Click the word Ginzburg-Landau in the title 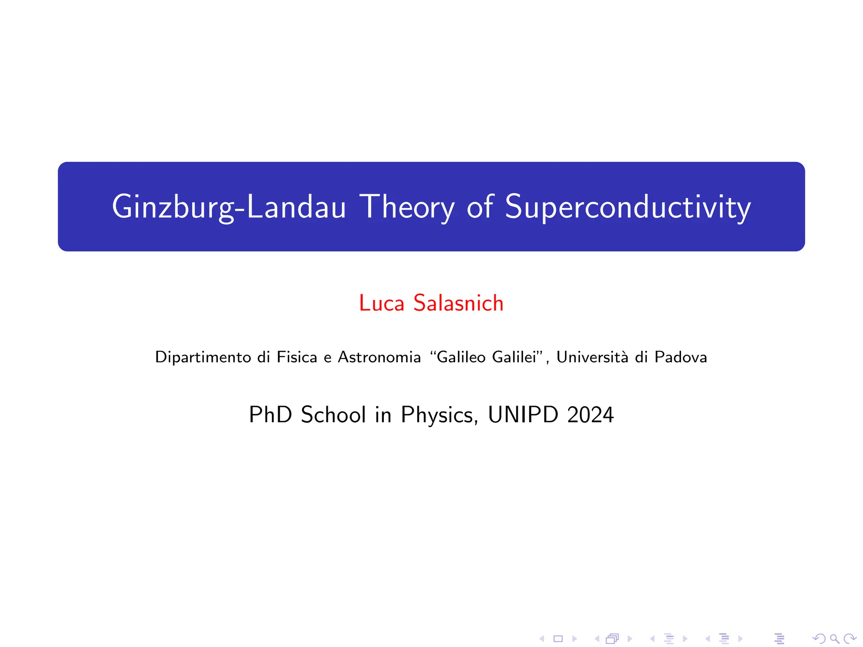point(228,207)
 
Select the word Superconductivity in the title point(627,207)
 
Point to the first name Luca point(381,303)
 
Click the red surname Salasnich point(458,303)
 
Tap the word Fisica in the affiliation point(297,357)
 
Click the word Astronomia point(379,357)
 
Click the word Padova point(681,357)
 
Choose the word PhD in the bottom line point(270,414)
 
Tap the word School point(333,414)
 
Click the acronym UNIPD point(523,414)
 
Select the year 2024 point(590,414)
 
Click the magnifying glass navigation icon point(834,639)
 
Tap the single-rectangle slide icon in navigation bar point(558,639)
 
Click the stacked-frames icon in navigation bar point(612,639)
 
